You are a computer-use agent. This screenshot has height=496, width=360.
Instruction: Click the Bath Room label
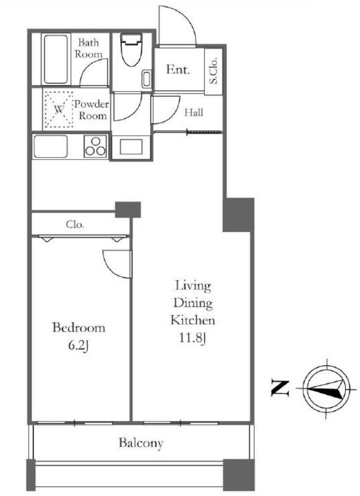[x=89, y=48]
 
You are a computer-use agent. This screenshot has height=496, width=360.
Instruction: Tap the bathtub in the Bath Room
[x=56, y=59]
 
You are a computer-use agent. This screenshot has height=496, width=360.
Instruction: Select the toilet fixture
[x=132, y=50]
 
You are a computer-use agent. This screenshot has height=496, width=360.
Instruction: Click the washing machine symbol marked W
[x=58, y=109]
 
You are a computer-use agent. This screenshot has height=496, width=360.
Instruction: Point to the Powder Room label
[x=91, y=110]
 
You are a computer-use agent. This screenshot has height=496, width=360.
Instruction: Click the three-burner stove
[x=95, y=146]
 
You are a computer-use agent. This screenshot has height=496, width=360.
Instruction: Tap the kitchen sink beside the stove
[x=50, y=146]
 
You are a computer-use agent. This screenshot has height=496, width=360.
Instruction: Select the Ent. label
[x=178, y=69]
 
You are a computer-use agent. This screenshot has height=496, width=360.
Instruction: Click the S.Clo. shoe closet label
[x=214, y=71]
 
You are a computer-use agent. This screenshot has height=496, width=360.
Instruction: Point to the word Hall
[x=194, y=112]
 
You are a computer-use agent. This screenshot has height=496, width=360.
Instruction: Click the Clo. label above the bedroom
[x=75, y=225]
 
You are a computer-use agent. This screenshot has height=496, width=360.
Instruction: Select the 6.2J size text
[x=78, y=345]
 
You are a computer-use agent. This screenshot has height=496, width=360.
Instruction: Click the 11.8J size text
[x=193, y=338]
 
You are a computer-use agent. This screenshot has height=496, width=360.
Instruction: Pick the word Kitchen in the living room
[x=193, y=320]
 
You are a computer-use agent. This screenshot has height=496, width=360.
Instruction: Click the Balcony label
[x=141, y=443]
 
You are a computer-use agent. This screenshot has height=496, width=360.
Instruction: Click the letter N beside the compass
[x=280, y=388]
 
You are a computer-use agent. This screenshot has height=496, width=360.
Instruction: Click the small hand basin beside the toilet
[x=146, y=79]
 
